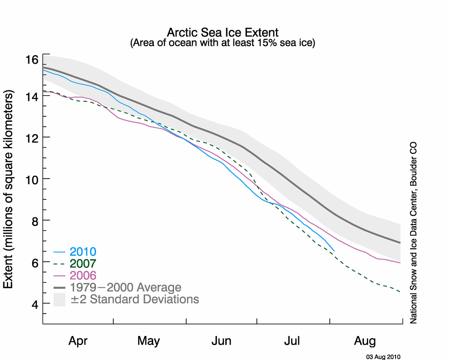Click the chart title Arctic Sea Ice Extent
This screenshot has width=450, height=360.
point(222,33)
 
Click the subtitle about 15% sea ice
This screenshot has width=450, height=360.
point(222,43)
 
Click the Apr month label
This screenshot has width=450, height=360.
point(78,341)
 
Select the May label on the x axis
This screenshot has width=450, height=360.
point(149,341)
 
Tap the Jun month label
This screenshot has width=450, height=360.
point(222,341)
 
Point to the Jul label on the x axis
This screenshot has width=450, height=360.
point(293,341)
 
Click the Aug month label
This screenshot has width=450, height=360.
point(365,341)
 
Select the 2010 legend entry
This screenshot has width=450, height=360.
point(83,252)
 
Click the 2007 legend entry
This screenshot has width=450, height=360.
point(83,263)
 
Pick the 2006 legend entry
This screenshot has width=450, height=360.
point(83,275)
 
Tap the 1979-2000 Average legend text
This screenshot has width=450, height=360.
point(126,287)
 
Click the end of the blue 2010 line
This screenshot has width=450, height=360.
point(334,251)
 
